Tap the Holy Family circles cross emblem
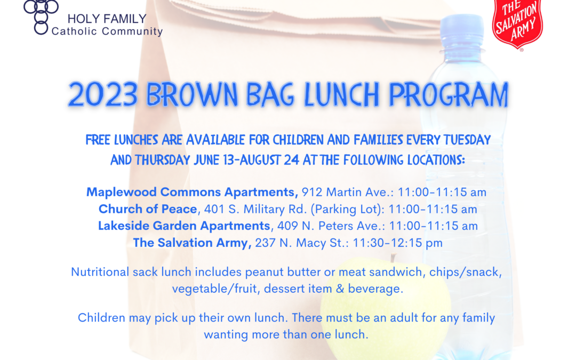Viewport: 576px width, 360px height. pyautogui.click(x=41, y=17)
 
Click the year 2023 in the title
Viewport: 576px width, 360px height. pyautogui.click(x=103, y=95)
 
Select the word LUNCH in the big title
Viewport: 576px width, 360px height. pyautogui.click(x=342, y=95)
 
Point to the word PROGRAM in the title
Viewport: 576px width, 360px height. pyautogui.click(x=449, y=95)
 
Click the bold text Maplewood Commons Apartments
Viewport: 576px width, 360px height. pyautogui.click(x=192, y=192)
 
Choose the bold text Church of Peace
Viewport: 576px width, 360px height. pyautogui.click(x=148, y=209)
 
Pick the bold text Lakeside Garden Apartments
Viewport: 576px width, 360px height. pyautogui.click(x=184, y=226)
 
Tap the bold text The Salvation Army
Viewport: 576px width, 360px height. pyautogui.click(x=192, y=243)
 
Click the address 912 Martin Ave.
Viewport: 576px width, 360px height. pyautogui.click(x=347, y=192)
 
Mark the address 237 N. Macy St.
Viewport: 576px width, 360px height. pyautogui.click(x=301, y=243)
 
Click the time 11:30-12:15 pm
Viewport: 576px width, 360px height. pyautogui.click(x=397, y=243)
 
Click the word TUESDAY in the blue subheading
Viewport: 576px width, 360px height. pyautogui.click(x=467, y=140)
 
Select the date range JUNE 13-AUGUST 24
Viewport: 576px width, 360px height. pyautogui.click(x=246, y=160)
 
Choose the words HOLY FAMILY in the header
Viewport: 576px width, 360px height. pyautogui.click(x=107, y=19)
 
